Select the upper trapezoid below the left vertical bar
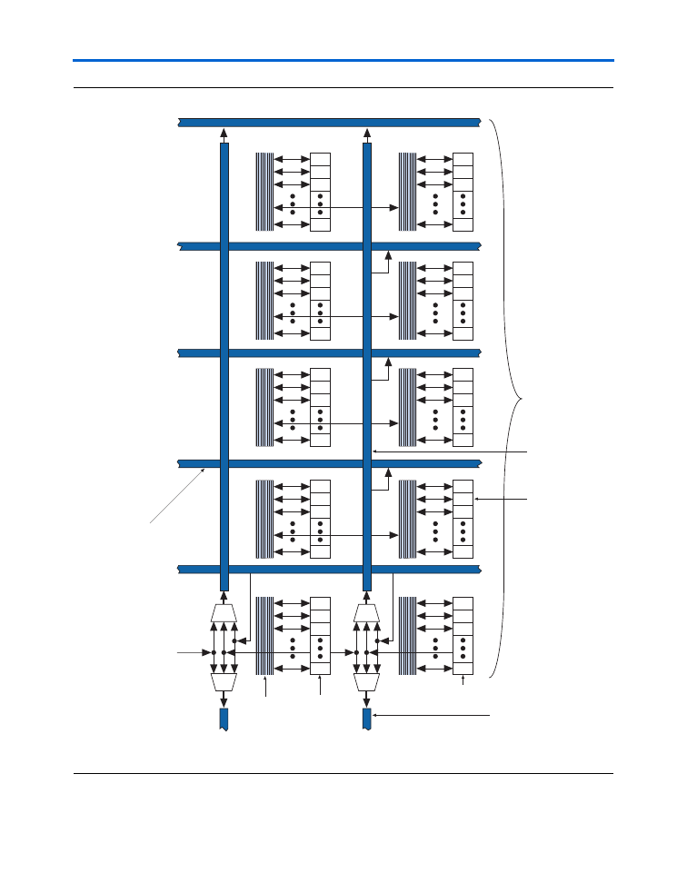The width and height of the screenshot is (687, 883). click(x=224, y=612)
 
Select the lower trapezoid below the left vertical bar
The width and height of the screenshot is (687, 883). click(x=224, y=681)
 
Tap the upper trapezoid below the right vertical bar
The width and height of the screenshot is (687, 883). click(x=367, y=612)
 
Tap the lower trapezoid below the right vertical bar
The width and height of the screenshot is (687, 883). click(x=367, y=681)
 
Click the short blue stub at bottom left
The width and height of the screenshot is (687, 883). click(x=224, y=719)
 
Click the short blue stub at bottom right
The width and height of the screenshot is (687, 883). click(x=367, y=719)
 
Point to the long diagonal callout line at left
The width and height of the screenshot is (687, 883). click(x=177, y=495)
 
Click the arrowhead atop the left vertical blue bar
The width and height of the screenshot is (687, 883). click(x=224, y=134)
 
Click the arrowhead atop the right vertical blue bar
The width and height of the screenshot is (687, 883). click(x=367, y=134)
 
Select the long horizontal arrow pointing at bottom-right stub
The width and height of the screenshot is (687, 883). click(x=432, y=717)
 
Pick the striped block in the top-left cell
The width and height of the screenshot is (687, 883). click(x=264, y=192)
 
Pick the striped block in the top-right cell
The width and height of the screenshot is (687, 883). click(x=407, y=192)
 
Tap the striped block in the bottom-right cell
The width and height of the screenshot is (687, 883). click(x=407, y=636)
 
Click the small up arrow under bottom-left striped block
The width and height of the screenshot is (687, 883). click(x=264, y=688)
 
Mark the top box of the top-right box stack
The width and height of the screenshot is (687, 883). click(x=463, y=159)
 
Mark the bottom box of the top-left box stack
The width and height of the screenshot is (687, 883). click(x=320, y=224)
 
